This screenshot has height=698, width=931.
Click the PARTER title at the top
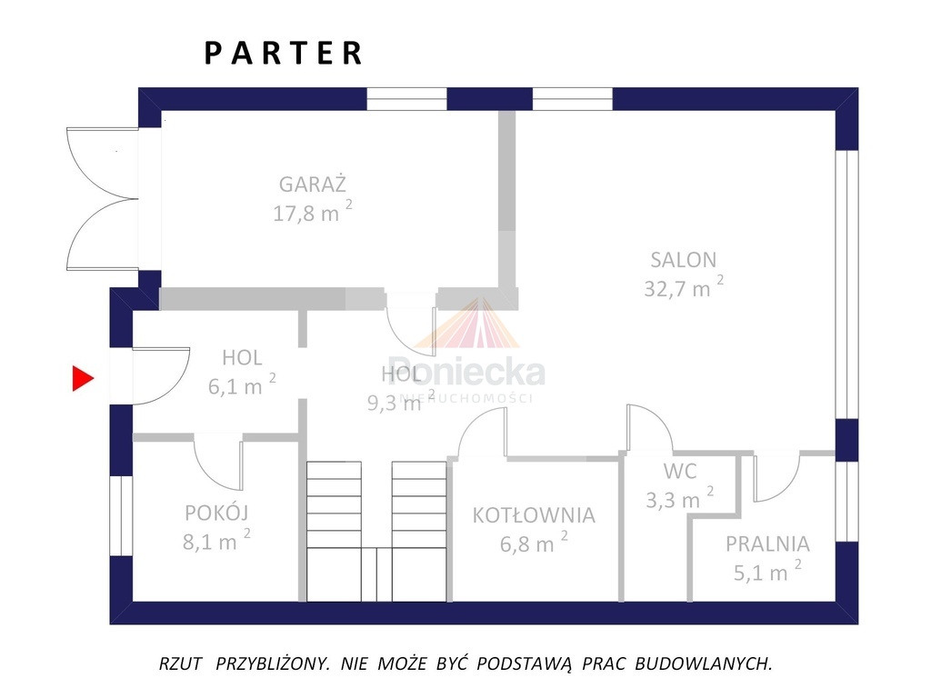coord(284,53)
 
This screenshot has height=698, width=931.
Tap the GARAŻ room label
coord(313,184)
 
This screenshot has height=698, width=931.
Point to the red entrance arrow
coord(84,378)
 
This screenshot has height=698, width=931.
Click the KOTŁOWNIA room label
coord(534,515)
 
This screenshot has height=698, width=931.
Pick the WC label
coord(680,472)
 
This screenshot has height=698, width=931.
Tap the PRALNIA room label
coord(767,544)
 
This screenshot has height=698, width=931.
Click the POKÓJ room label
coord(216,512)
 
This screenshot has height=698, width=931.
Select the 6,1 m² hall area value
coord(242,385)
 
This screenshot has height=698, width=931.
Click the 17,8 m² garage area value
coord(312,214)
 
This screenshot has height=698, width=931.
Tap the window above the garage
coord(406,98)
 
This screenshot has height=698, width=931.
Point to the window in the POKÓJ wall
coord(121,514)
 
